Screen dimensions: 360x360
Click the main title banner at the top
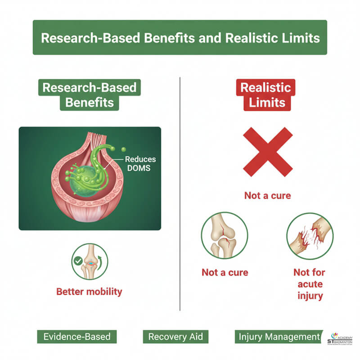180,37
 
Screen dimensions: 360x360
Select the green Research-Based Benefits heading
89,94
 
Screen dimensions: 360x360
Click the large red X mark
267,151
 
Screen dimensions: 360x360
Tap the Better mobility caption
89,292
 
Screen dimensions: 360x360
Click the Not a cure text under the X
267,196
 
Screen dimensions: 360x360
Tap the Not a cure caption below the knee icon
225,272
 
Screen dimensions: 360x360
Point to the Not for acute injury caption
309,284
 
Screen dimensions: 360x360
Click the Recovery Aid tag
175,337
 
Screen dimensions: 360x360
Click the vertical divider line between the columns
180,193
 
